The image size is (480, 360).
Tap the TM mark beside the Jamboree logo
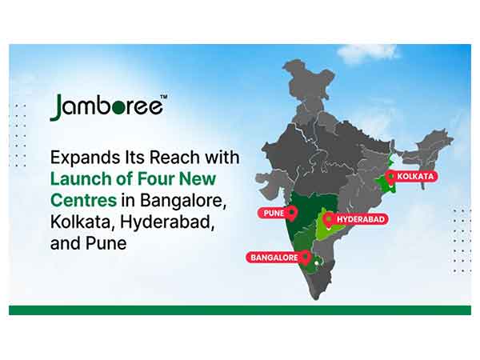(x=163, y=98)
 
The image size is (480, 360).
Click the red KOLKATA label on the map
(x=415, y=176)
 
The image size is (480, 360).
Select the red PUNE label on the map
(x=271, y=214)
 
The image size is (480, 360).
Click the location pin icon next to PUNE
(x=292, y=213)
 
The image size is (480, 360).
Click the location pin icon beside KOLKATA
(x=390, y=176)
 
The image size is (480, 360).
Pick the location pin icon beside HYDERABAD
(x=328, y=219)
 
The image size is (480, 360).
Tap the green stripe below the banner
(x=240, y=310)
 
